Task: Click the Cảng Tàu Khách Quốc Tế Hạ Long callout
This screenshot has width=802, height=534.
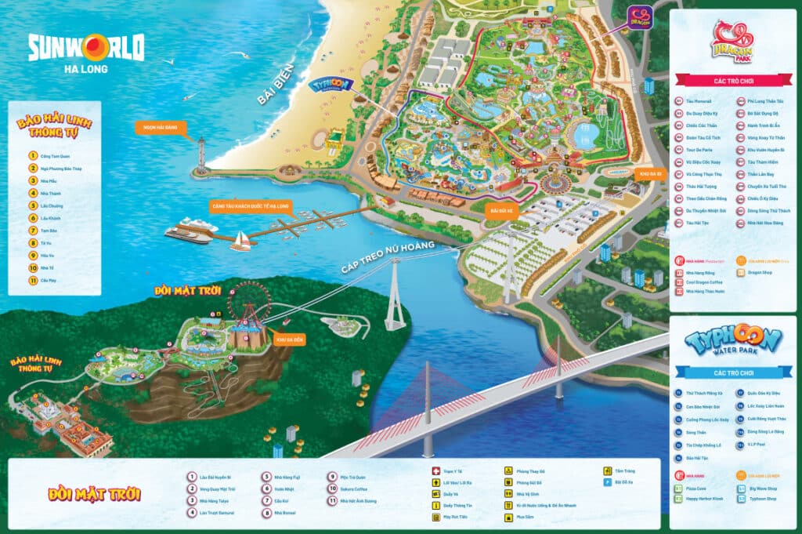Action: click(x=249, y=206)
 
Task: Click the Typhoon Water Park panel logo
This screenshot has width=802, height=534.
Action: click(x=732, y=343)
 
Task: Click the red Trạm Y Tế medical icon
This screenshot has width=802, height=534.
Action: click(x=436, y=471)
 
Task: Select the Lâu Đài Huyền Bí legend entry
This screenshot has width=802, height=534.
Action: click(x=216, y=476)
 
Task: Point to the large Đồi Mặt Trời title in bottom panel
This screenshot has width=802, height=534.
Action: click(x=94, y=495)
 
